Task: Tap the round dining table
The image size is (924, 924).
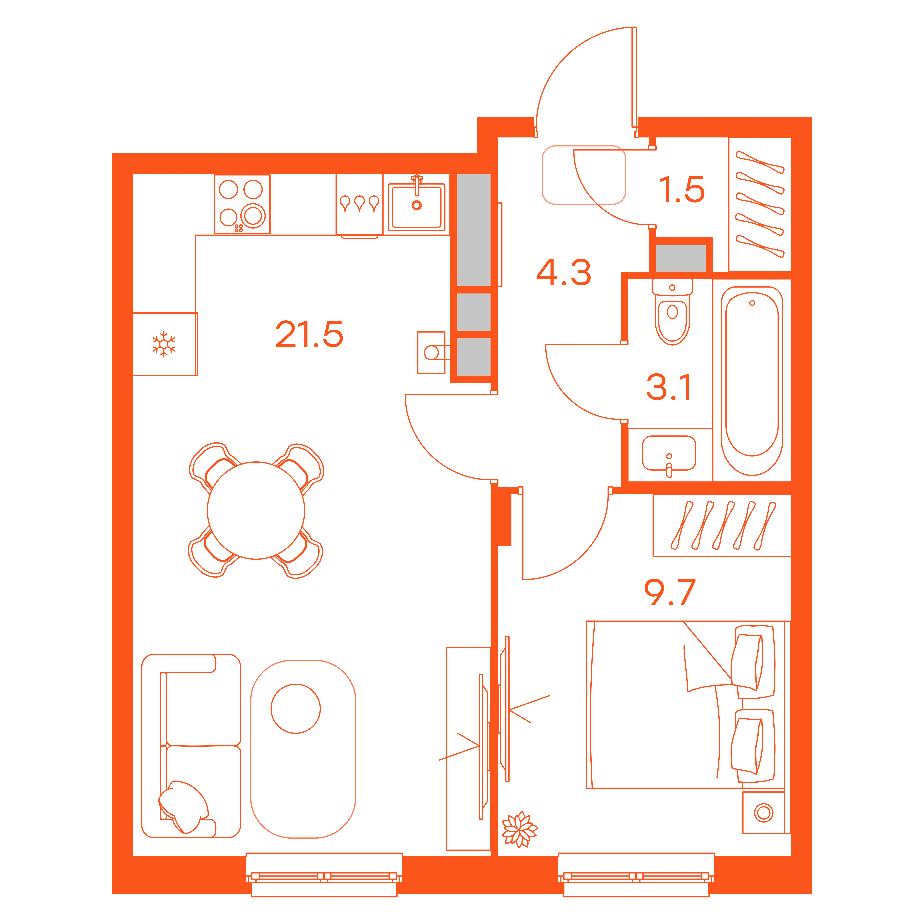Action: (x=256, y=510)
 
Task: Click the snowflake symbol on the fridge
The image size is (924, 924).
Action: (x=164, y=344)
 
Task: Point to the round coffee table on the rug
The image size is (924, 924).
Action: (x=296, y=708)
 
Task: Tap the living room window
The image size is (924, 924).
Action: (x=324, y=875)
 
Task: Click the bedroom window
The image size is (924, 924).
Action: (x=636, y=875)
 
